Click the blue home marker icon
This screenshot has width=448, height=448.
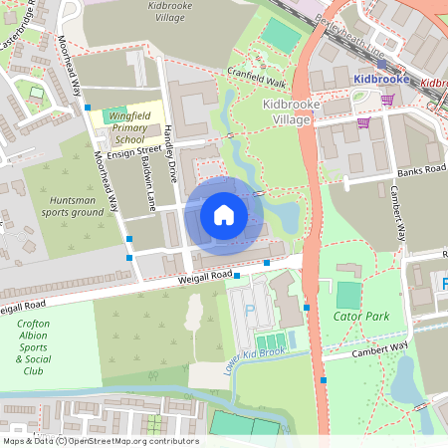click(224, 214)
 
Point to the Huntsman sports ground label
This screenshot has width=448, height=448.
click(76, 206)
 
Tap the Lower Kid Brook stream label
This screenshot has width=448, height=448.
click(255, 355)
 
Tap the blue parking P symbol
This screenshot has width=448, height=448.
click(250, 311)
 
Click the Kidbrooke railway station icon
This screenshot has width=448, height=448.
click(382, 64)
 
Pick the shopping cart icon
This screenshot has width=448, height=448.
click(364, 123)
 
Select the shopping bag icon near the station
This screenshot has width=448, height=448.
click(387, 99)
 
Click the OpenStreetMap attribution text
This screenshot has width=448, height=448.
click(101, 441)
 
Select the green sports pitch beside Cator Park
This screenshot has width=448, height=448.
click(346, 295)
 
